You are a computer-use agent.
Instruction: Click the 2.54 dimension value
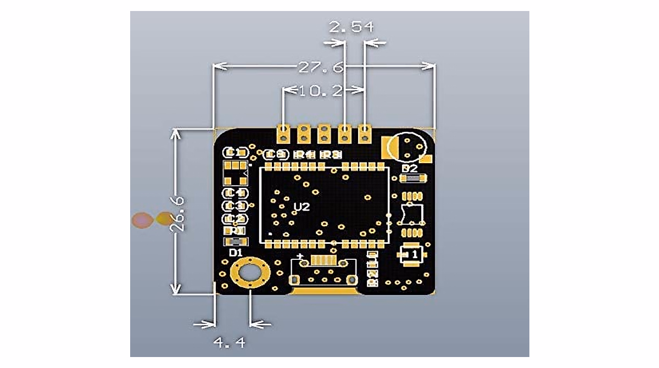pyautogui.click(x=350, y=26)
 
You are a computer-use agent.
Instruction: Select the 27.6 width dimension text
pyautogui.click(x=321, y=68)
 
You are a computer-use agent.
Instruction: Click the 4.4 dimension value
pyautogui.click(x=228, y=343)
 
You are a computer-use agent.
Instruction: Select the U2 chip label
pyautogui.click(x=301, y=207)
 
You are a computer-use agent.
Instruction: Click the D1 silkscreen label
pyautogui.click(x=236, y=253)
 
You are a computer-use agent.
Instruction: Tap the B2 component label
pyautogui.click(x=410, y=168)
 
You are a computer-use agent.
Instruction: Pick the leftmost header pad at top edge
pyautogui.click(x=284, y=132)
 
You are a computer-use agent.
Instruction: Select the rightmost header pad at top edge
pyautogui.click(x=365, y=132)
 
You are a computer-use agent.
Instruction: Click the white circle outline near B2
pyautogui.click(x=406, y=147)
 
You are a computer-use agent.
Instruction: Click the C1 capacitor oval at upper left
pyautogui.click(x=234, y=152)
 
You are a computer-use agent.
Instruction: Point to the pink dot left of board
pyautogui.click(x=141, y=220)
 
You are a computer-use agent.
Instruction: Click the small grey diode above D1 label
pyautogui.click(x=235, y=242)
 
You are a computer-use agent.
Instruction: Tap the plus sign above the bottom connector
pyautogui.click(x=300, y=257)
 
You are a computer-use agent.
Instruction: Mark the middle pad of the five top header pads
pyautogui.click(x=324, y=132)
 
